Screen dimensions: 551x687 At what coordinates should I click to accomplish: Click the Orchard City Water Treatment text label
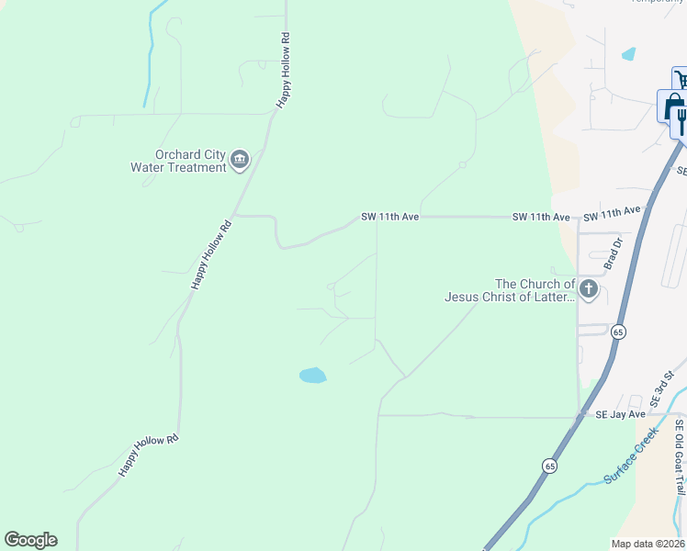178,161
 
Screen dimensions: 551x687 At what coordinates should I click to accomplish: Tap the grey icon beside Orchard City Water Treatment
240,161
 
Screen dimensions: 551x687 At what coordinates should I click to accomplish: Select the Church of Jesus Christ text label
510,290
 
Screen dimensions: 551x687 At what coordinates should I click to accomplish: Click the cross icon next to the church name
589,291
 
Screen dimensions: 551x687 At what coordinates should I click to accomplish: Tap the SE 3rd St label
658,390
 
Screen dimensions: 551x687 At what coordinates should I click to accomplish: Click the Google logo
30,540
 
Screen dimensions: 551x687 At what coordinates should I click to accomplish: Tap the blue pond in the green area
312,375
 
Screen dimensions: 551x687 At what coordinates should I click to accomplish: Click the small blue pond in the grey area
628,54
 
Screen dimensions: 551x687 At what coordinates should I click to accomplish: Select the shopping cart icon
681,80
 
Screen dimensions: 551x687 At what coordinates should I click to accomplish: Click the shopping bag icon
671,107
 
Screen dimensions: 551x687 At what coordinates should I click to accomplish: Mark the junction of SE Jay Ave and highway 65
580,418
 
